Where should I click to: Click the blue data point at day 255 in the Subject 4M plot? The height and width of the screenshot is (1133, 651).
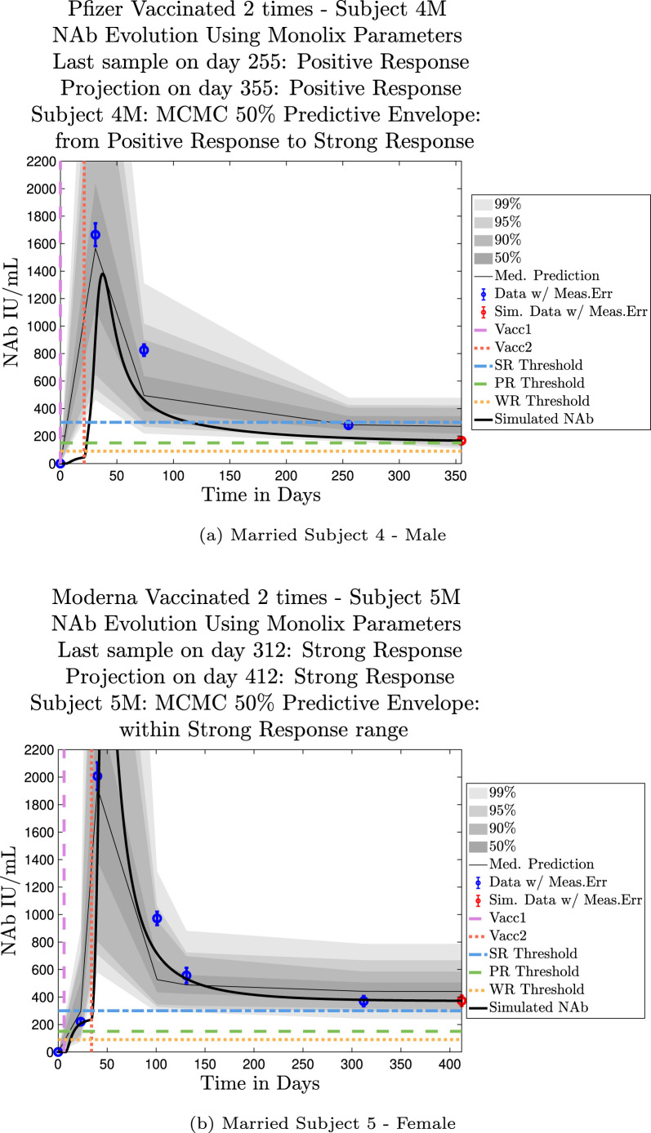point(348,424)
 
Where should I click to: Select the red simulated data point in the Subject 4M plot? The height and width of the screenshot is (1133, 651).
point(461,441)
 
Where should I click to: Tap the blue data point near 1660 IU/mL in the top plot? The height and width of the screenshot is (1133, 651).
point(96,234)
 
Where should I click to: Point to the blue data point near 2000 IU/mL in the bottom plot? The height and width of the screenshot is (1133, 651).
point(97,776)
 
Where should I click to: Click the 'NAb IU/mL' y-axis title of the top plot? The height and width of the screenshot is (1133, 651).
point(14,310)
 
